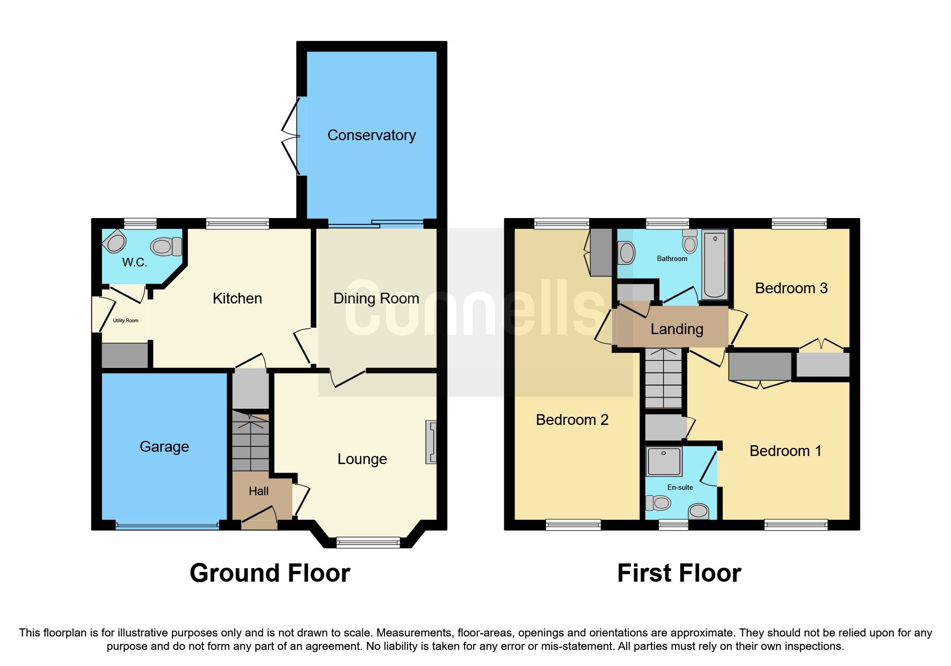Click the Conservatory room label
[x=372, y=135]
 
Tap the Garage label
[x=164, y=447]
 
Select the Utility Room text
[x=125, y=321]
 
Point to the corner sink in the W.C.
[x=114, y=242]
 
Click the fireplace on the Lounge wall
[x=431, y=441]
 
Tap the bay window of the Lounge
[x=368, y=542]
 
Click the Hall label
[x=258, y=491]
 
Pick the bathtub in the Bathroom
[x=714, y=264]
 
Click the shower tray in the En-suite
[x=664, y=461]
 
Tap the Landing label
[x=677, y=329]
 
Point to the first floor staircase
[x=664, y=378]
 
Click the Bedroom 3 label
[x=791, y=288]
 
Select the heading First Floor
[x=679, y=573]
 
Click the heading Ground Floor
[x=270, y=573]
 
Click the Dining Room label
[x=376, y=299]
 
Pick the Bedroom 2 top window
[x=562, y=223]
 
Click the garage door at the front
[x=167, y=526]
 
